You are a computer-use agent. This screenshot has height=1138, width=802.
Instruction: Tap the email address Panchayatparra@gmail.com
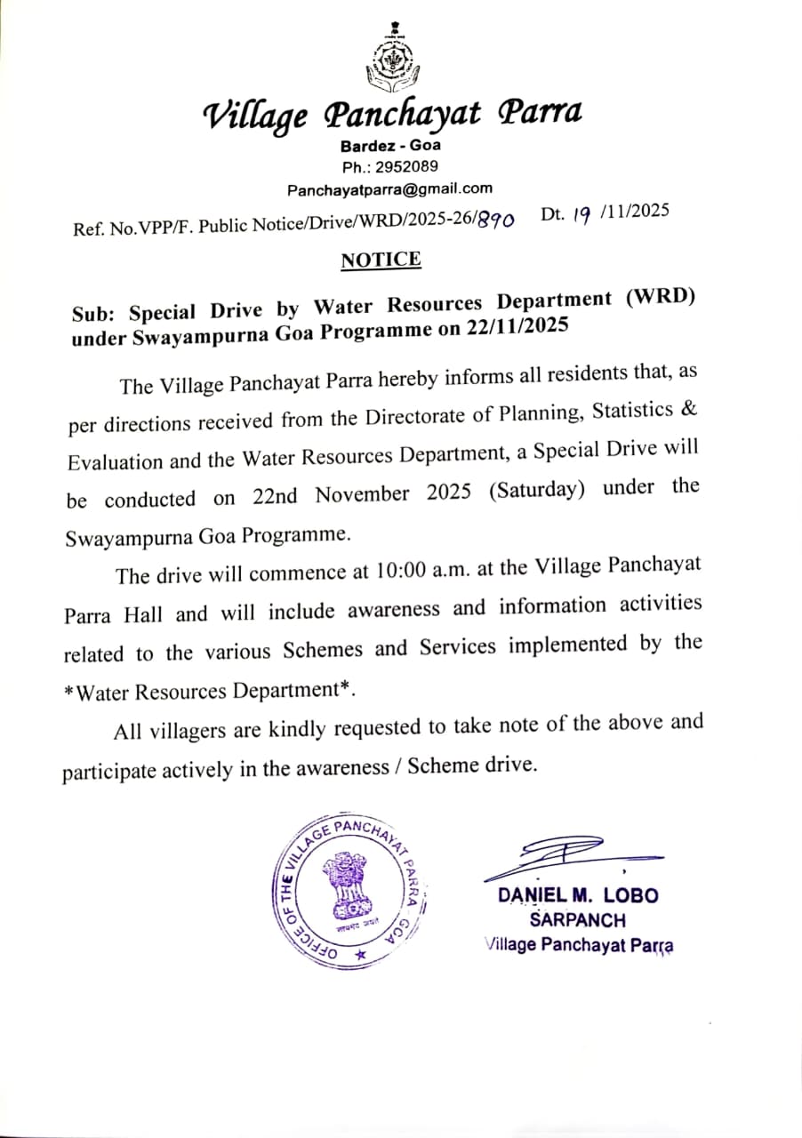389,189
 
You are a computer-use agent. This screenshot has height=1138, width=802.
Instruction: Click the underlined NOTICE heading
381,260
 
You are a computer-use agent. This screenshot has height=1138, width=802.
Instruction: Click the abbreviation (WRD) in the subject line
660,300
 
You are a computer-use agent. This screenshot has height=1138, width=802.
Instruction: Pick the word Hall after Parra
142,614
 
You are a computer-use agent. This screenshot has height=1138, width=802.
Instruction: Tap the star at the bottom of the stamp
360,953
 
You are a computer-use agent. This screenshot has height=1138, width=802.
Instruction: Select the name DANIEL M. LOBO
578,895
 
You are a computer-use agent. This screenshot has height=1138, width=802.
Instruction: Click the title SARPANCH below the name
578,920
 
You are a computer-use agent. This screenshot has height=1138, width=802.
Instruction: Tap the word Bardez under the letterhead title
365,146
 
